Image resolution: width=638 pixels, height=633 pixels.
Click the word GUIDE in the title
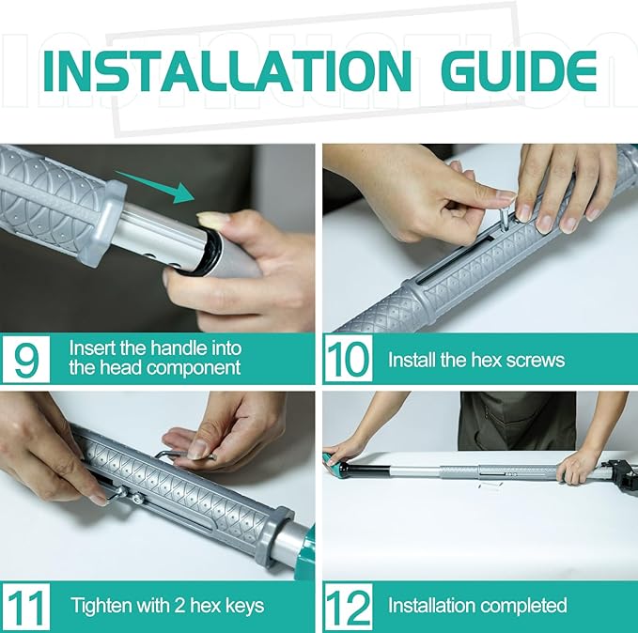(x=519, y=71)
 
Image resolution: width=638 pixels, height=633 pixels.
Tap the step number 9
(x=25, y=360)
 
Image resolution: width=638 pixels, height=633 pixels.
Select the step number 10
(x=349, y=360)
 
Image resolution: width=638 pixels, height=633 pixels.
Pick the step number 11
(x=26, y=607)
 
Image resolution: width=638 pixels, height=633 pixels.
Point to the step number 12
(x=349, y=607)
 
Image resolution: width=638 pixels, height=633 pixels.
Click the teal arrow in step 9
(x=155, y=187)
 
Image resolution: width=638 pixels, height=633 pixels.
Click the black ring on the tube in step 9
(x=210, y=254)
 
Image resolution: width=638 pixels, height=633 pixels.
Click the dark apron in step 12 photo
(x=517, y=421)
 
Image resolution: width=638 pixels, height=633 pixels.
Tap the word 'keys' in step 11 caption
(x=245, y=606)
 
